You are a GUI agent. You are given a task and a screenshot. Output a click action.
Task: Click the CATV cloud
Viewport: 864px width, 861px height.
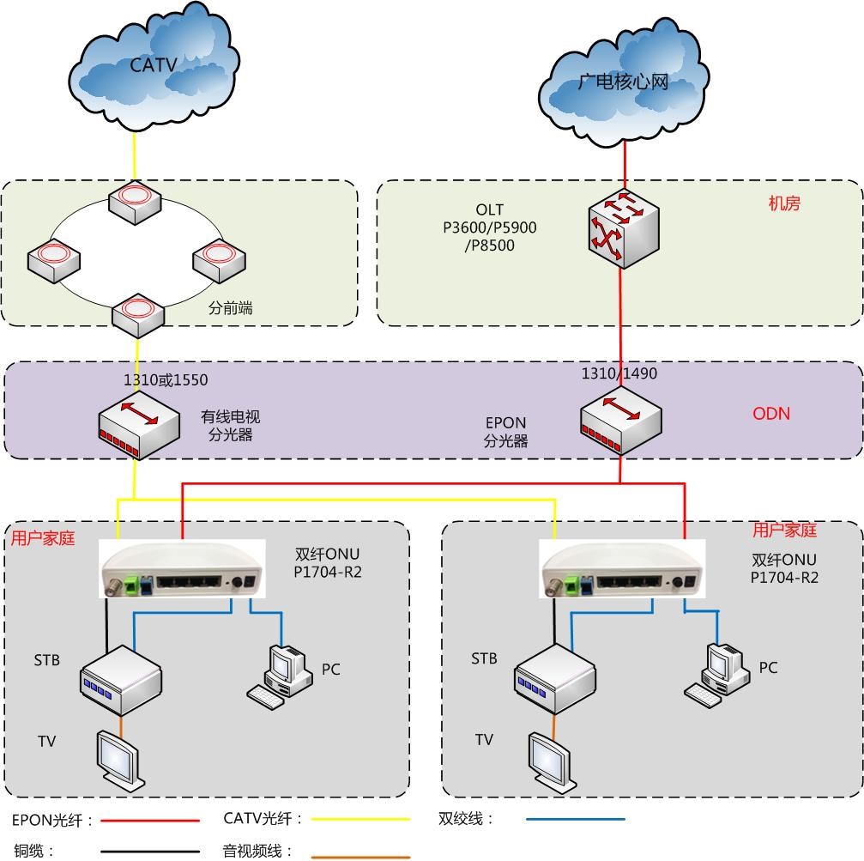[x=154, y=66]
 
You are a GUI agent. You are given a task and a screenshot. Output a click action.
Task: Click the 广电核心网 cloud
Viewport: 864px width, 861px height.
[x=624, y=82]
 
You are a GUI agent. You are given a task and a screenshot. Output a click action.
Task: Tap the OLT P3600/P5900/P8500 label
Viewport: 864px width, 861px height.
[x=489, y=227]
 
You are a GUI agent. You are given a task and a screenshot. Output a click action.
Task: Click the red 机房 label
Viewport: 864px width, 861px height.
[x=784, y=203]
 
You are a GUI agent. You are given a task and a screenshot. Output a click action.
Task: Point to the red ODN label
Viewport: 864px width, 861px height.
[x=771, y=414]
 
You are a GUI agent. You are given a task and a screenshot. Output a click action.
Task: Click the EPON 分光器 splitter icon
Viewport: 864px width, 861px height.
[x=621, y=420]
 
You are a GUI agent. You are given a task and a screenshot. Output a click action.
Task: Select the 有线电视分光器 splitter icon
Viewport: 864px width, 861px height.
[x=139, y=425]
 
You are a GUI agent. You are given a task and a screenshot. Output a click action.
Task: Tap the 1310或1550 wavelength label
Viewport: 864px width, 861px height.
[x=166, y=379]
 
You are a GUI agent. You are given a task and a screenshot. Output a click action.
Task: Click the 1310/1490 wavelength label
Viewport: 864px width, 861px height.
[x=619, y=373]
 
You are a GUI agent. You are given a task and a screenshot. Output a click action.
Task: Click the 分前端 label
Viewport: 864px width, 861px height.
[x=230, y=307]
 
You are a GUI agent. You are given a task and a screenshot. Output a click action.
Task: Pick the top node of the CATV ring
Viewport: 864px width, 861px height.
[x=135, y=203]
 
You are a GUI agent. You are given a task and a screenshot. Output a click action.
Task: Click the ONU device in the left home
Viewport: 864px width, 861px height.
[x=182, y=569]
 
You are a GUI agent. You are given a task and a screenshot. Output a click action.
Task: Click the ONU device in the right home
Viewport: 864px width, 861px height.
[x=621, y=568]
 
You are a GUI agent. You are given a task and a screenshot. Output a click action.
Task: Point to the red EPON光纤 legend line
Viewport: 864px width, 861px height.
[x=150, y=821]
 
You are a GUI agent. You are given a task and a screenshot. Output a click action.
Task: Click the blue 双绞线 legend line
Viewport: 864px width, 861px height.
[x=575, y=819]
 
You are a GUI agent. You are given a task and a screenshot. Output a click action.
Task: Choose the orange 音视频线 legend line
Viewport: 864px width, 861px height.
[x=361, y=857]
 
